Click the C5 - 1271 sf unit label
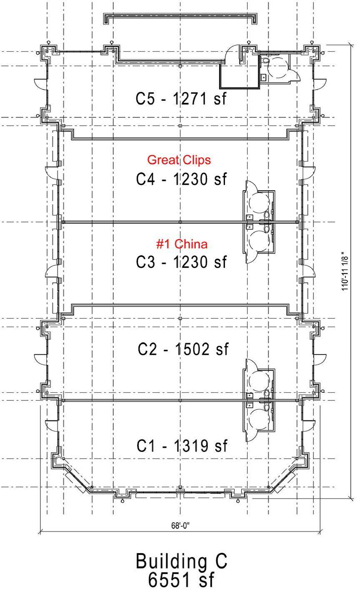[x=181, y=99]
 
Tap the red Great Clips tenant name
[x=179, y=160]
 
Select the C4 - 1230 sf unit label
[x=182, y=179]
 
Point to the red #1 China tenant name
[x=182, y=244]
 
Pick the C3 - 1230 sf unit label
[x=182, y=262]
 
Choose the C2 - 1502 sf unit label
[x=183, y=349]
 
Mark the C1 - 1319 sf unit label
[x=182, y=446]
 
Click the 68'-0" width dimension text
[x=180, y=525]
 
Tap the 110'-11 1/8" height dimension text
[x=345, y=271]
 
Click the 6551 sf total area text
[x=181, y=580]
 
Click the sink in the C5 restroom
[x=263, y=77]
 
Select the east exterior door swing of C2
[x=320, y=359]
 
